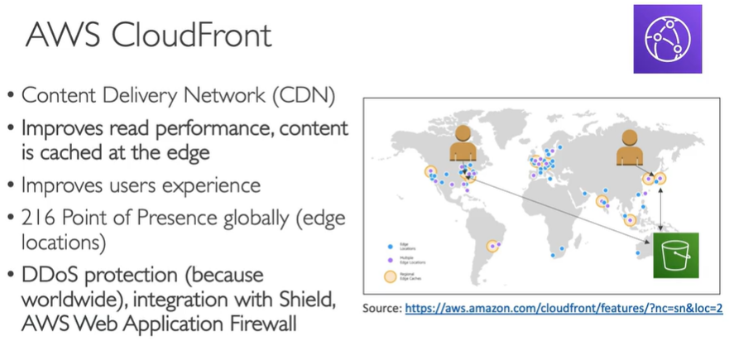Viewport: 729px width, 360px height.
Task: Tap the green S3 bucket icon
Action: (675, 257)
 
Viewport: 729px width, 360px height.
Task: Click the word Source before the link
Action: (381, 308)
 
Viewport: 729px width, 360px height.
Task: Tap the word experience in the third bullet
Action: (214, 185)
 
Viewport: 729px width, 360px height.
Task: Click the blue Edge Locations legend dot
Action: (391, 246)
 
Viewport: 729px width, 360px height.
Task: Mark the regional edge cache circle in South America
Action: (495, 245)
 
